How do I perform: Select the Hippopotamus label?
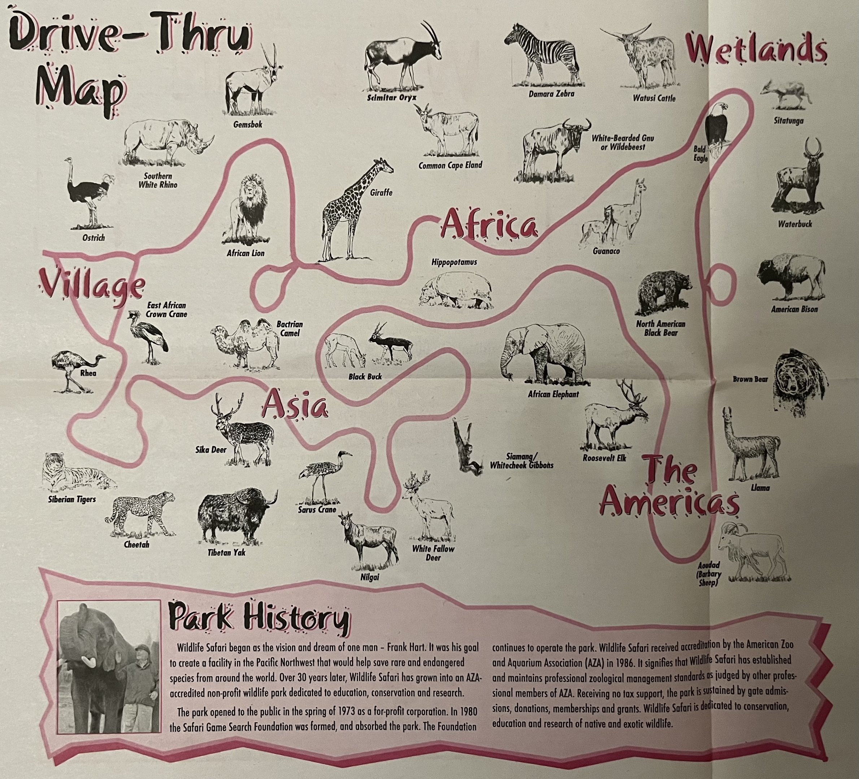click(454, 262)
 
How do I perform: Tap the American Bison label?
click(794, 309)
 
